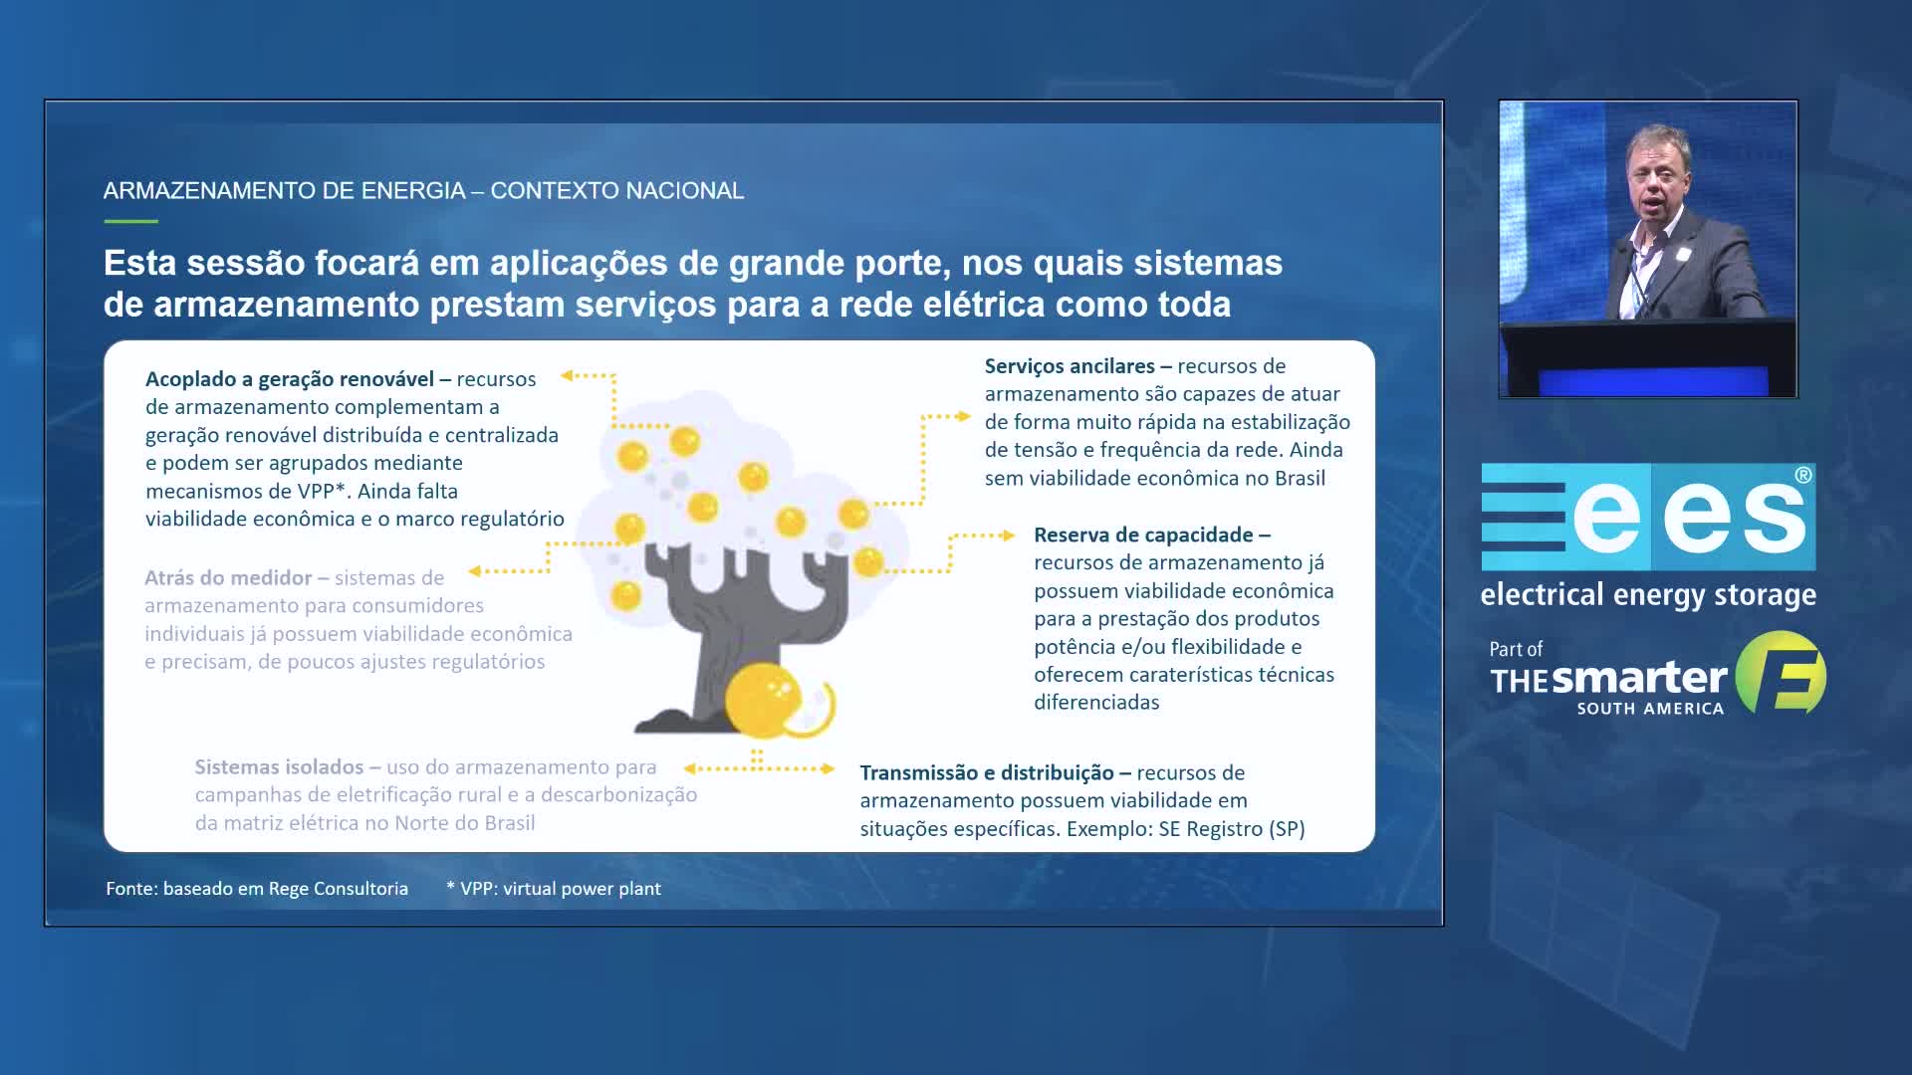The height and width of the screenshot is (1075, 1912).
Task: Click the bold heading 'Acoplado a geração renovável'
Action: click(x=290, y=379)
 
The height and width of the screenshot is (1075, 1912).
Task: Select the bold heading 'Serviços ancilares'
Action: click(x=1070, y=366)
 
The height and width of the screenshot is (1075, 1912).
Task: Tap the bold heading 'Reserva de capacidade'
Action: click(x=1143, y=536)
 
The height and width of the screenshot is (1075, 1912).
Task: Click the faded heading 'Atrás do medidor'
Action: click(x=228, y=578)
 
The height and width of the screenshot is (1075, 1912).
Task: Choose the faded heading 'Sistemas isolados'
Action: click(x=279, y=767)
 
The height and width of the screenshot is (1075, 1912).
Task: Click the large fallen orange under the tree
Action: click(x=765, y=700)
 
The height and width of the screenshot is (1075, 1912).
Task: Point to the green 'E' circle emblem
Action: click(x=1782, y=674)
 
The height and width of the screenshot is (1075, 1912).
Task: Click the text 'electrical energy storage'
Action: click(x=1648, y=595)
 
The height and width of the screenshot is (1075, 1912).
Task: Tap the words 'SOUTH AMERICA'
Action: click(x=1650, y=709)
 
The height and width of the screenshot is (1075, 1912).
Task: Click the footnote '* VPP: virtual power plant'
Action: click(x=554, y=889)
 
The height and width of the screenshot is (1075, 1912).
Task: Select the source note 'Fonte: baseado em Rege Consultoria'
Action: click(x=257, y=889)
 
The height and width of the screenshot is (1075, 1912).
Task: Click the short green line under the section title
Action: click(x=130, y=221)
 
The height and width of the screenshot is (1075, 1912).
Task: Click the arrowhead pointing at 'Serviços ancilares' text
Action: click(x=964, y=416)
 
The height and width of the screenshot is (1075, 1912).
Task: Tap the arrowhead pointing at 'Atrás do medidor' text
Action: click(x=475, y=571)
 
